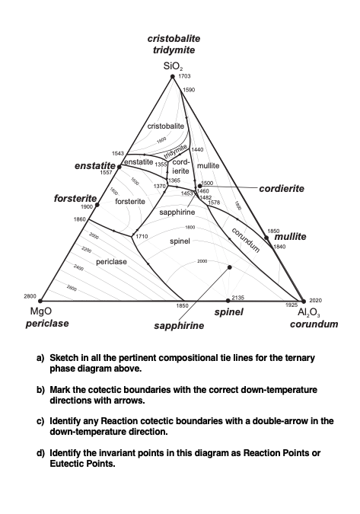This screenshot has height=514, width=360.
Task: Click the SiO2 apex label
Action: point(173,67)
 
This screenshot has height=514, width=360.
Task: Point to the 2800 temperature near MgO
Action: point(30,295)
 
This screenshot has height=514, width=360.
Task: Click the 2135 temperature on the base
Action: point(237,297)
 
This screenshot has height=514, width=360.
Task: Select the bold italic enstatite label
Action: point(95,165)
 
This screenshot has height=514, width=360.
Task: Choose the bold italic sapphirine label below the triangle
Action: point(179,326)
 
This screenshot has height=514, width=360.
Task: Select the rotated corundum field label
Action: point(247,239)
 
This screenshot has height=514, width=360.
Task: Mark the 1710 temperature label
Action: point(142,237)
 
